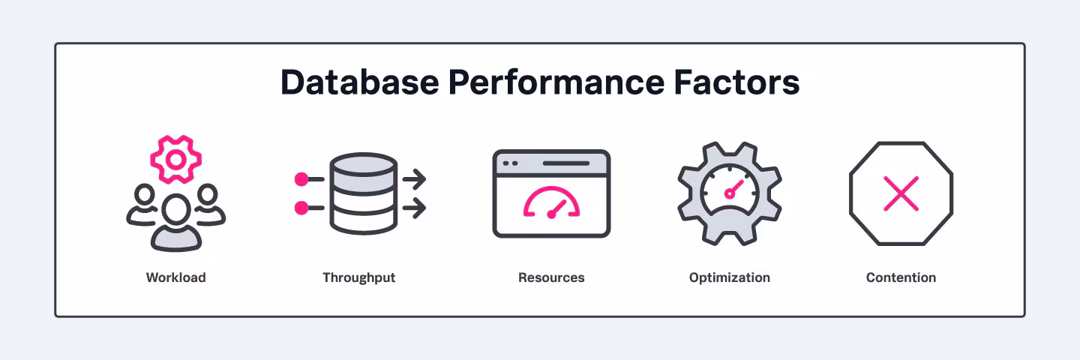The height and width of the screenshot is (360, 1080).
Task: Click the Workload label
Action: [x=175, y=277]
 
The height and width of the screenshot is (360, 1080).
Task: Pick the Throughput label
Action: [x=358, y=277]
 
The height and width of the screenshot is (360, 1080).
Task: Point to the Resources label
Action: [x=551, y=277]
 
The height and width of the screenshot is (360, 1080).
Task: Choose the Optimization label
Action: [x=729, y=277]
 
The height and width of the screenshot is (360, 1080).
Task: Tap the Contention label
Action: [x=901, y=277]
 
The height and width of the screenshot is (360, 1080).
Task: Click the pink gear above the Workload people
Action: [x=175, y=159]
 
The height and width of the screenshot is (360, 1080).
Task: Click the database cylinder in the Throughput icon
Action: [x=363, y=193]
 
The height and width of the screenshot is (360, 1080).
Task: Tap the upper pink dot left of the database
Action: [x=301, y=179]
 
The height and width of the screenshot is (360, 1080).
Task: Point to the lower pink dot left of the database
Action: [x=301, y=208]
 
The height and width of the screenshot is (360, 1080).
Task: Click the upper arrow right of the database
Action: [x=415, y=179]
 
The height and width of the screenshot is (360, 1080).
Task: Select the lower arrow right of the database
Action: [x=415, y=208]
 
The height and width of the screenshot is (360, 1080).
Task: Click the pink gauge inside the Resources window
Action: [x=551, y=203]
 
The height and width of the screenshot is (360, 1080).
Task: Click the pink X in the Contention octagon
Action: [x=901, y=193]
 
